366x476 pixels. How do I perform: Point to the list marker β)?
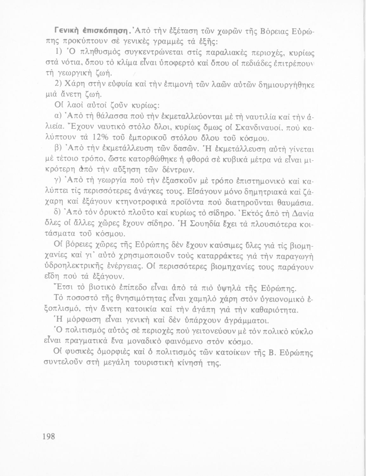(58, 149)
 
